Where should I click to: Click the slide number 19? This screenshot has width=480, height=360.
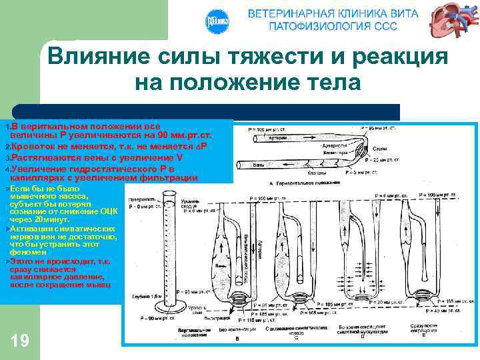[x=20, y=341]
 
